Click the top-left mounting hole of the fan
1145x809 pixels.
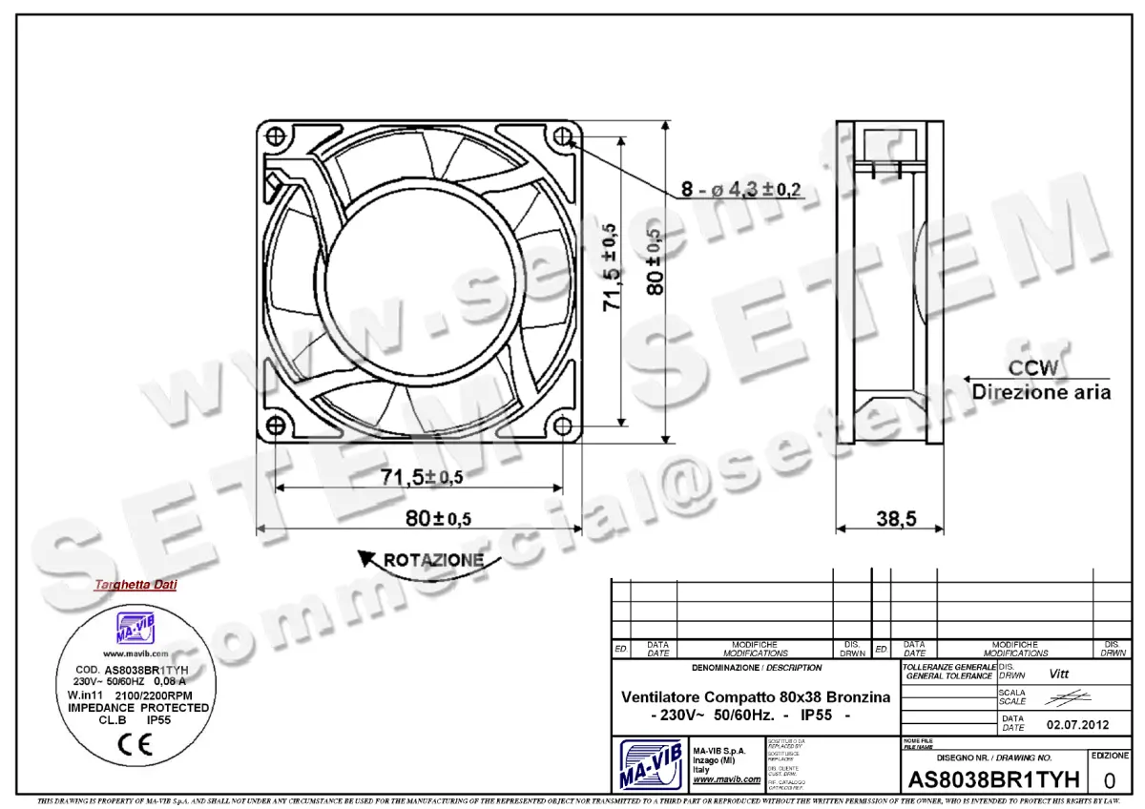(x=275, y=137)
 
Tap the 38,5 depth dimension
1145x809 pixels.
(x=896, y=518)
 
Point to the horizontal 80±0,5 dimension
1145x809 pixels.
(x=439, y=518)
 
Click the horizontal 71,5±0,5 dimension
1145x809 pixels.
(x=418, y=476)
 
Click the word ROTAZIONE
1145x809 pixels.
(x=433, y=560)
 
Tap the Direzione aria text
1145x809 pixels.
(x=1041, y=392)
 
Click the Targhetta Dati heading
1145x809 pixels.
(x=135, y=585)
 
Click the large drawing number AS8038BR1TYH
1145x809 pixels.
(x=993, y=779)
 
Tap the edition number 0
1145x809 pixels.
(x=1109, y=779)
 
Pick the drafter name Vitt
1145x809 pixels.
(x=1059, y=674)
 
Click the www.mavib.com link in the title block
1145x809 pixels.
(x=726, y=779)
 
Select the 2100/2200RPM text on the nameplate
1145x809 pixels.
(x=160, y=695)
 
